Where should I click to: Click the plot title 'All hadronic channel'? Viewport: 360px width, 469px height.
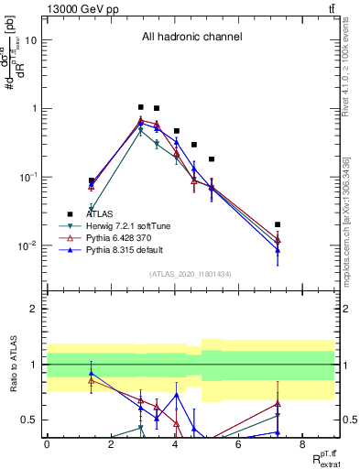(x=191, y=38)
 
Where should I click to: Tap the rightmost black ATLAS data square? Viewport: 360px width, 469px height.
(x=278, y=224)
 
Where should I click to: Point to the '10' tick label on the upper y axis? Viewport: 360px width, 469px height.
(x=31, y=40)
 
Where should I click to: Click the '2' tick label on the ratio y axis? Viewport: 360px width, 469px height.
(x=36, y=309)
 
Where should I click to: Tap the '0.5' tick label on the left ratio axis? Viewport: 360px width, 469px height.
(x=31, y=420)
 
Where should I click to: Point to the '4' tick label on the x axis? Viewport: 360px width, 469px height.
(x=174, y=444)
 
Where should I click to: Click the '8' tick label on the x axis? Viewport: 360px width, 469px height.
(x=302, y=444)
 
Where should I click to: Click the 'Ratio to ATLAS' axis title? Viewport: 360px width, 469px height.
(x=12, y=365)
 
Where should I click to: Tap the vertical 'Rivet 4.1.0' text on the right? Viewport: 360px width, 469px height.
(x=350, y=64)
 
